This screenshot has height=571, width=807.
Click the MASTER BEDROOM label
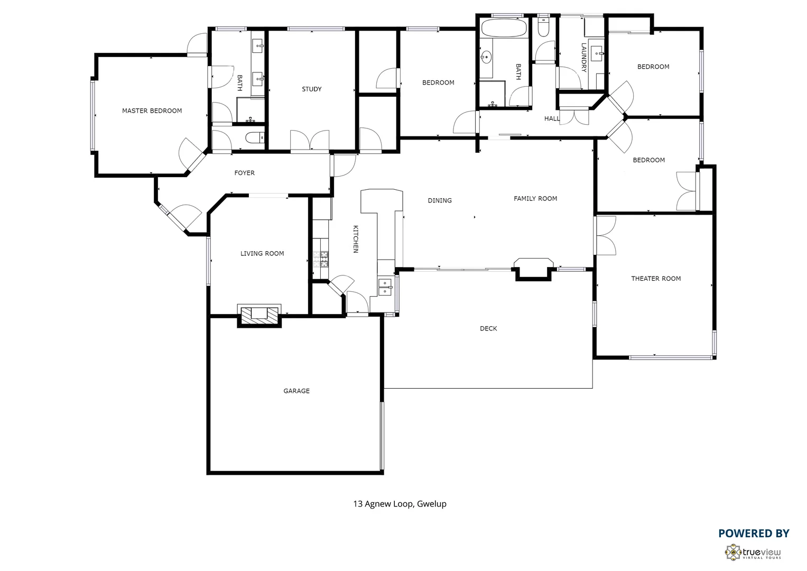point(152,111)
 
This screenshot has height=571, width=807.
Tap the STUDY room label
point(311,89)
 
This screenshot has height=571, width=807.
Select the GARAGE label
point(296,391)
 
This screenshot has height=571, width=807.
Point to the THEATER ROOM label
point(656,279)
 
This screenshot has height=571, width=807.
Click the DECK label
point(488,329)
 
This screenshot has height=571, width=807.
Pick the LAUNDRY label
point(584,57)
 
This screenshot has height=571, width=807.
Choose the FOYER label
point(244,173)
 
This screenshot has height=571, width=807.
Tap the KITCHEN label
point(356,239)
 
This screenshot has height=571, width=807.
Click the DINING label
point(440,200)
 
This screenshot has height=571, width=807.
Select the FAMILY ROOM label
point(535,199)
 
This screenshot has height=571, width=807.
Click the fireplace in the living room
point(259,315)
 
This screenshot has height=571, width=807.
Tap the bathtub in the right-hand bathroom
point(504,27)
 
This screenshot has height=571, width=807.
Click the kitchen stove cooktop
point(321,259)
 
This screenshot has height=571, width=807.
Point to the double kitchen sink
point(385,287)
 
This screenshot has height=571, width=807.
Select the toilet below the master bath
point(255,139)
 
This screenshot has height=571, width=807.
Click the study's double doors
point(310,141)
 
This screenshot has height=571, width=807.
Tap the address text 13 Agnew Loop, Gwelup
point(400,504)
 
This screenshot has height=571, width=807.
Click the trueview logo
point(753,552)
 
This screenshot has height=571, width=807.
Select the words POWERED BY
point(753,533)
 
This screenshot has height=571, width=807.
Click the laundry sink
point(598,51)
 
